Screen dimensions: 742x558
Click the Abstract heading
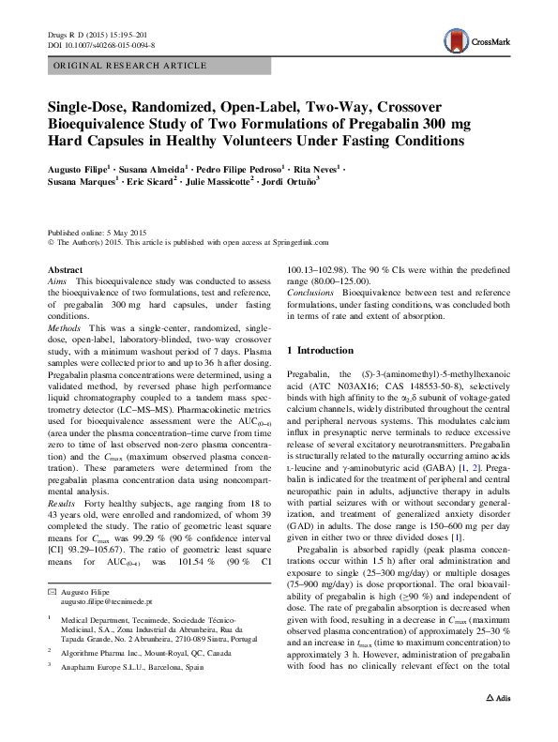(65, 269)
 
